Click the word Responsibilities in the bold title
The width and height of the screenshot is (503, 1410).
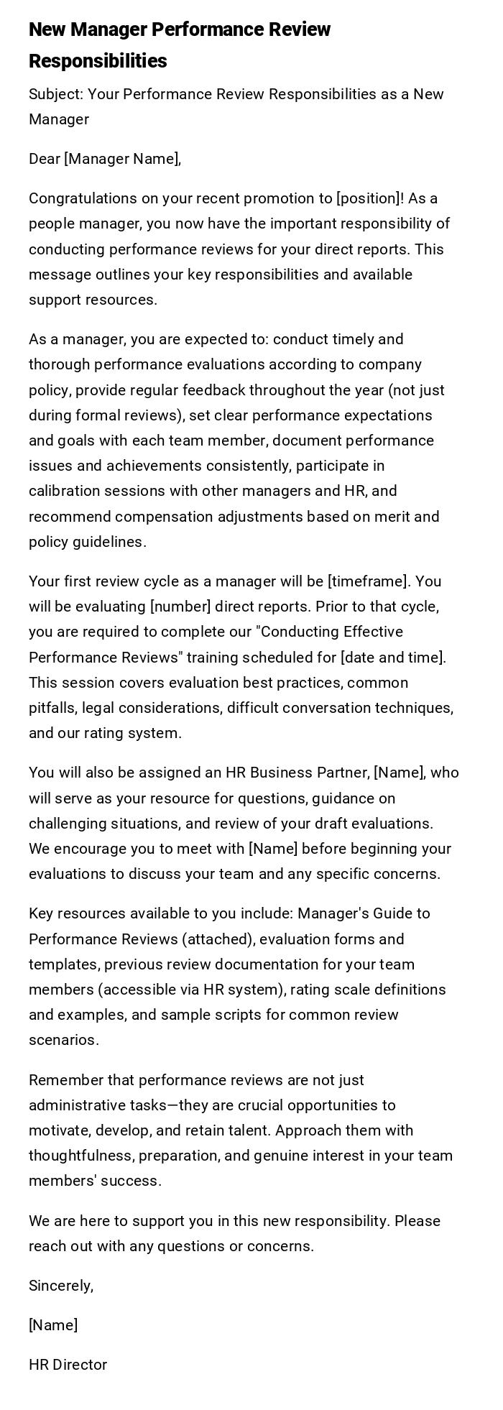(98, 61)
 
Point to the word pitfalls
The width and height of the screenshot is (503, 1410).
(52, 708)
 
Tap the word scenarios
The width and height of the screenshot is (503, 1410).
(63, 1040)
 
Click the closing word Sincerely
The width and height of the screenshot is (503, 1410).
(61, 1286)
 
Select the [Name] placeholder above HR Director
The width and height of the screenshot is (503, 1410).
(53, 1325)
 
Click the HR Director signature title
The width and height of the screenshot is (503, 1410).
(68, 1365)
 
